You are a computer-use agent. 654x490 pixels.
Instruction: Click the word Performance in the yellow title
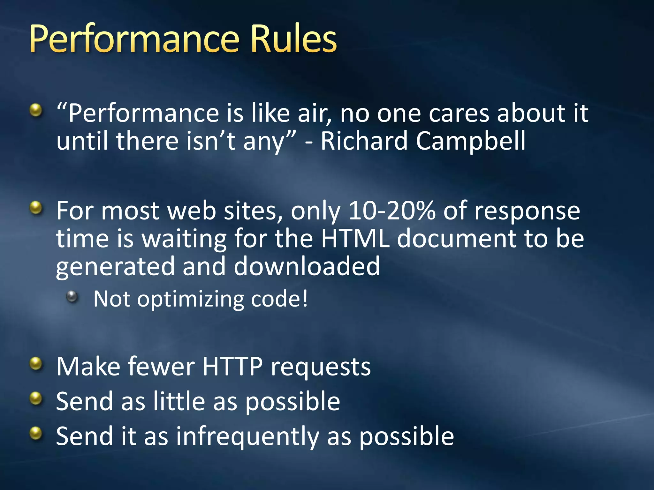tap(134, 39)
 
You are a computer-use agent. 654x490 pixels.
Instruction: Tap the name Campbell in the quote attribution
tap(470, 141)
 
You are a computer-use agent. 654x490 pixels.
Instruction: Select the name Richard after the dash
tap(364, 141)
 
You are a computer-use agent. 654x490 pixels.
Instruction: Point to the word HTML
tap(355, 239)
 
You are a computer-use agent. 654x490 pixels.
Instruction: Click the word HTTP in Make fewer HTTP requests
tap(232, 367)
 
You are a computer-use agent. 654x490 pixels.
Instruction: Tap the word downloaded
tap(307, 266)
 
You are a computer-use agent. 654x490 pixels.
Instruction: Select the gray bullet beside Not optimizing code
tap(72, 297)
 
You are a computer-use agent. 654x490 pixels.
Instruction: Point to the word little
tap(179, 401)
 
